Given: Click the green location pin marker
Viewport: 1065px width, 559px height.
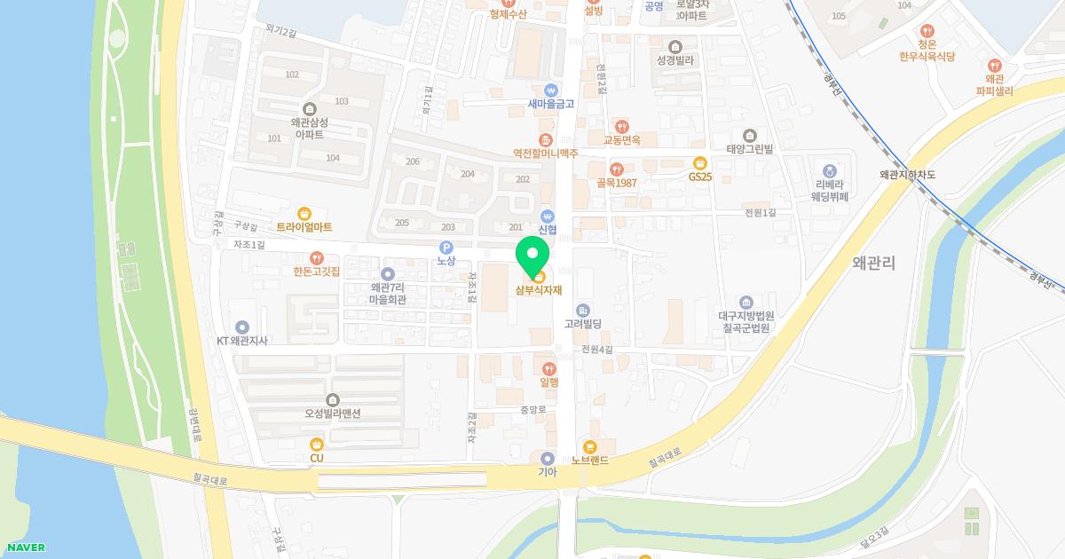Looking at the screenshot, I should [x=532, y=256].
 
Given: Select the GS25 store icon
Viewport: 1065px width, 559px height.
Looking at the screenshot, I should [x=700, y=162].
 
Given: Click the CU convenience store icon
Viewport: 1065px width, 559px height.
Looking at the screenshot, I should [x=317, y=444].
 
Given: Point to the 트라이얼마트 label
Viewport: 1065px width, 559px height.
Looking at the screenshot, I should [x=304, y=227].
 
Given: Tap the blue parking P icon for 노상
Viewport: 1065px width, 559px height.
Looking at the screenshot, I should [x=446, y=247].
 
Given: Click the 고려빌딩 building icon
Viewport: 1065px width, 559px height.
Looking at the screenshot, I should [x=583, y=310].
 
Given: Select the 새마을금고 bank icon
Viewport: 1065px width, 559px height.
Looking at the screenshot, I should [x=551, y=90].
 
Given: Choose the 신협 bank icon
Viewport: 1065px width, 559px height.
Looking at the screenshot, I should [x=548, y=216].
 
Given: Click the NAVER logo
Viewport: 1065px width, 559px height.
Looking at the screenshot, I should [x=26, y=547].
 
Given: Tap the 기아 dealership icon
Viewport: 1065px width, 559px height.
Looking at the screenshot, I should [x=548, y=458].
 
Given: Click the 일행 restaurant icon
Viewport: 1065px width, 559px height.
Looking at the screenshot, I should [x=549, y=368].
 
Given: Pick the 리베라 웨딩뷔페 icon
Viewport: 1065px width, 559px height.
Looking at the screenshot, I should [x=830, y=170].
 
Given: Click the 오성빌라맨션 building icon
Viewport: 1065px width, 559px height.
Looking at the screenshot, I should [x=332, y=400].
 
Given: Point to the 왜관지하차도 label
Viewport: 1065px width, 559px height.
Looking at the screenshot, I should [x=907, y=175].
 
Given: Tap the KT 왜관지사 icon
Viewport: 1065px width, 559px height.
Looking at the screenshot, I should [x=242, y=327].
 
